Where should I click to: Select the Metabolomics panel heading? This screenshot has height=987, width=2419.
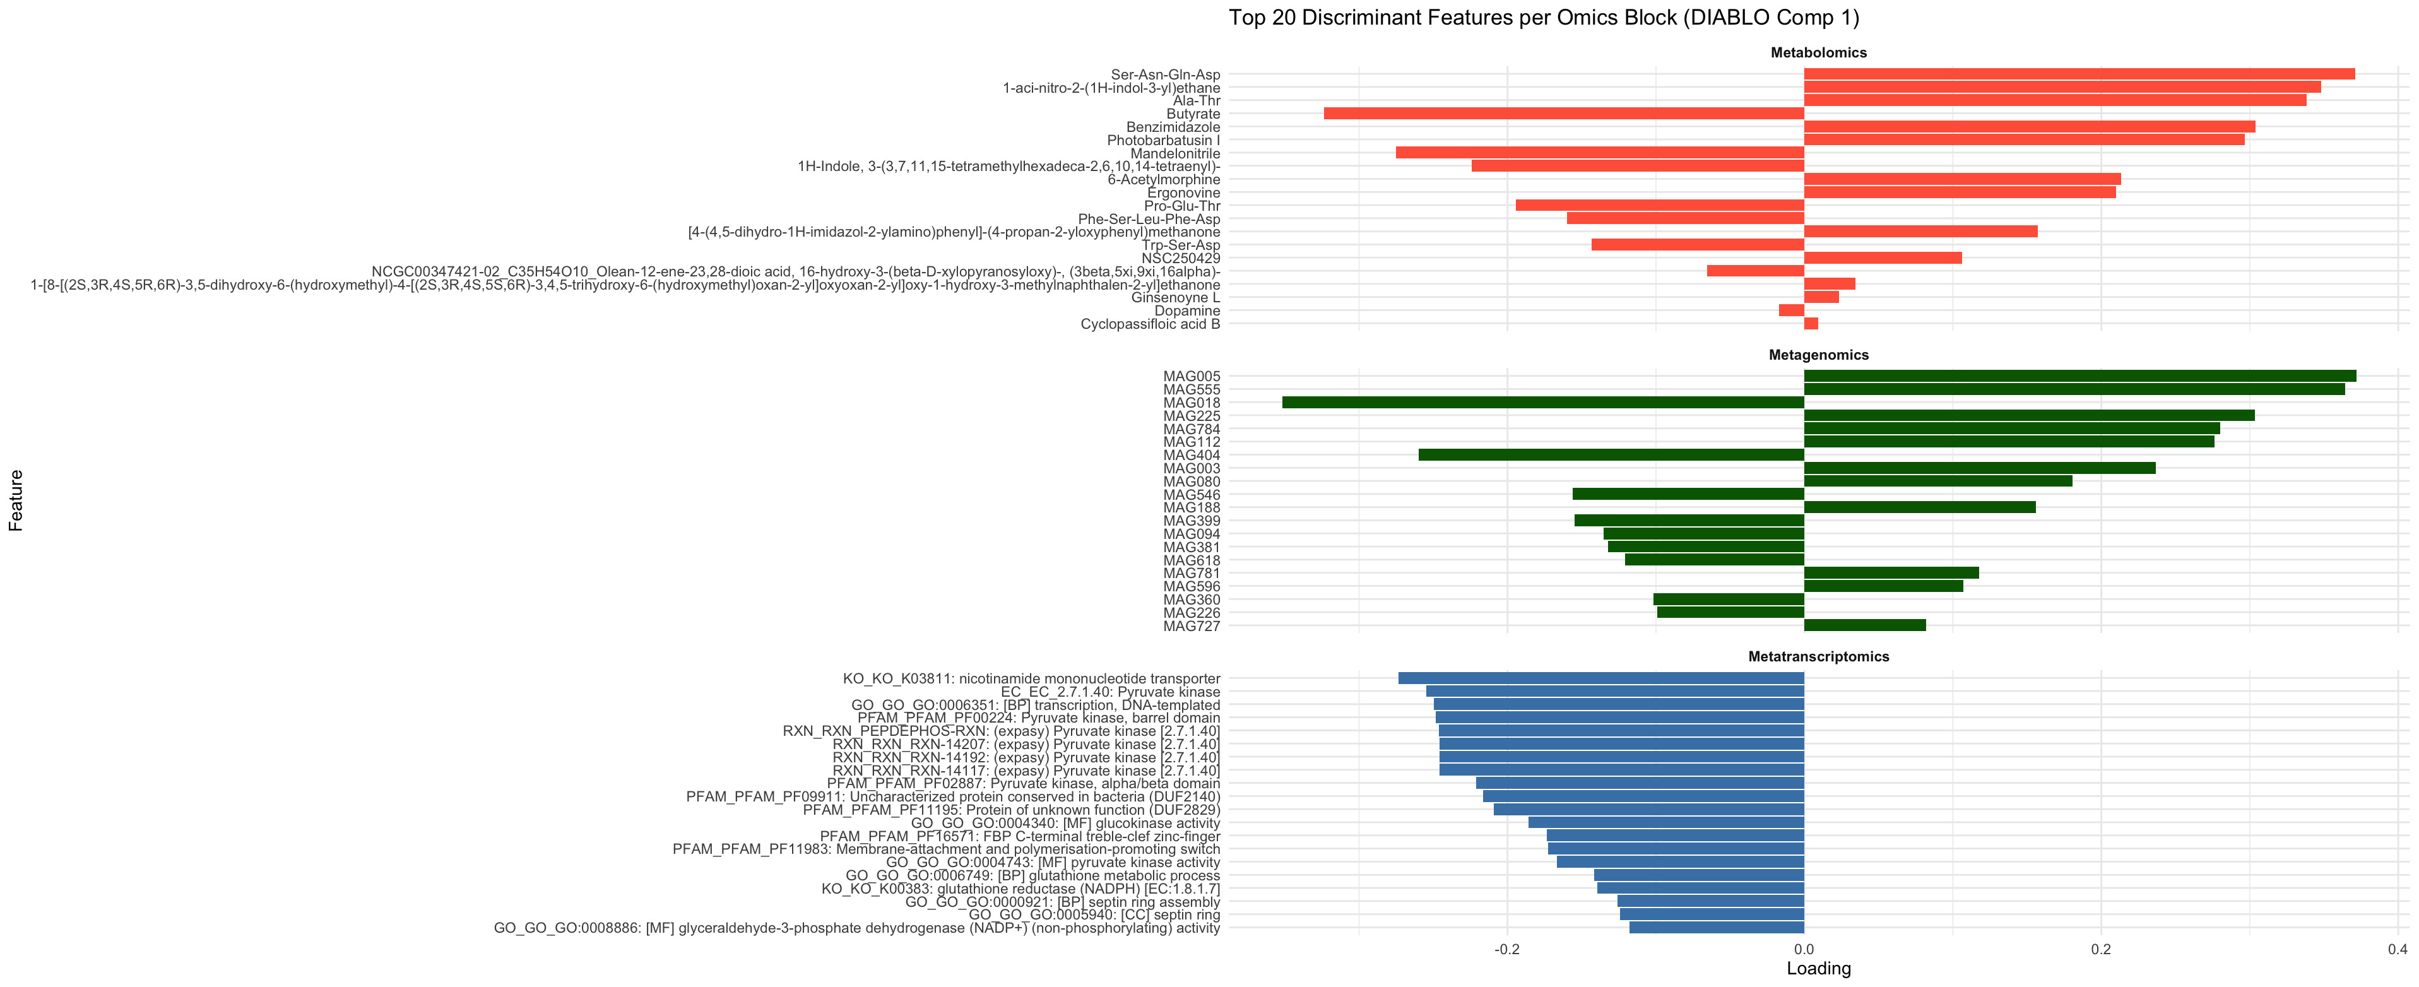point(1818,52)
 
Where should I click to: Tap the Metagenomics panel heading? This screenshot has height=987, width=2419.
point(1818,355)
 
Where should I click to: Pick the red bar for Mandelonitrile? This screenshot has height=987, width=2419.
point(1599,153)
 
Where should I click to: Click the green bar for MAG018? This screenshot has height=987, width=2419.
point(1543,403)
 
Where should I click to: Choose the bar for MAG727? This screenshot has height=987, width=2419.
point(1865,625)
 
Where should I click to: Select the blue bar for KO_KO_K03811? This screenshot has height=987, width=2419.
point(1601,678)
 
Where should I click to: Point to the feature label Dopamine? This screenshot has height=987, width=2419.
point(1187,311)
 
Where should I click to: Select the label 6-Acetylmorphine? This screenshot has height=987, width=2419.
point(1164,179)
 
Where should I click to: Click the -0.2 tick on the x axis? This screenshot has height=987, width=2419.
point(1507,949)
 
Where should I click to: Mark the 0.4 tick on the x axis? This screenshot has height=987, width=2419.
point(2396,949)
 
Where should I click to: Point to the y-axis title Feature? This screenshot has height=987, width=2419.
point(16,500)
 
